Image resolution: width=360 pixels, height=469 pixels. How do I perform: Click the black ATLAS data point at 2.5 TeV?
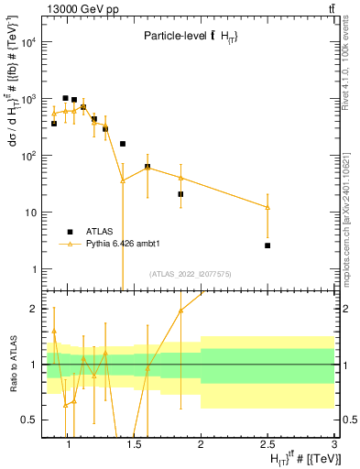click(267, 245)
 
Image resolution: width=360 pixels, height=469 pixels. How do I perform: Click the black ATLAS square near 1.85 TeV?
click(180, 194)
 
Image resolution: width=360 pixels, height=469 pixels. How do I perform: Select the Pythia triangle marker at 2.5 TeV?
click(267, 208)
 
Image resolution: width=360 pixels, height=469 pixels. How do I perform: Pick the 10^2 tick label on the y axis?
click(29, 156)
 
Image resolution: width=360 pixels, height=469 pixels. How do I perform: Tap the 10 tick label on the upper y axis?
click(32, 213)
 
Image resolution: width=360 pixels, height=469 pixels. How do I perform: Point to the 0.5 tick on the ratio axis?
click(30, 420)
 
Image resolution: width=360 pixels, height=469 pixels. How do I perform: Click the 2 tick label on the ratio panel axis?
click(35, 309)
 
